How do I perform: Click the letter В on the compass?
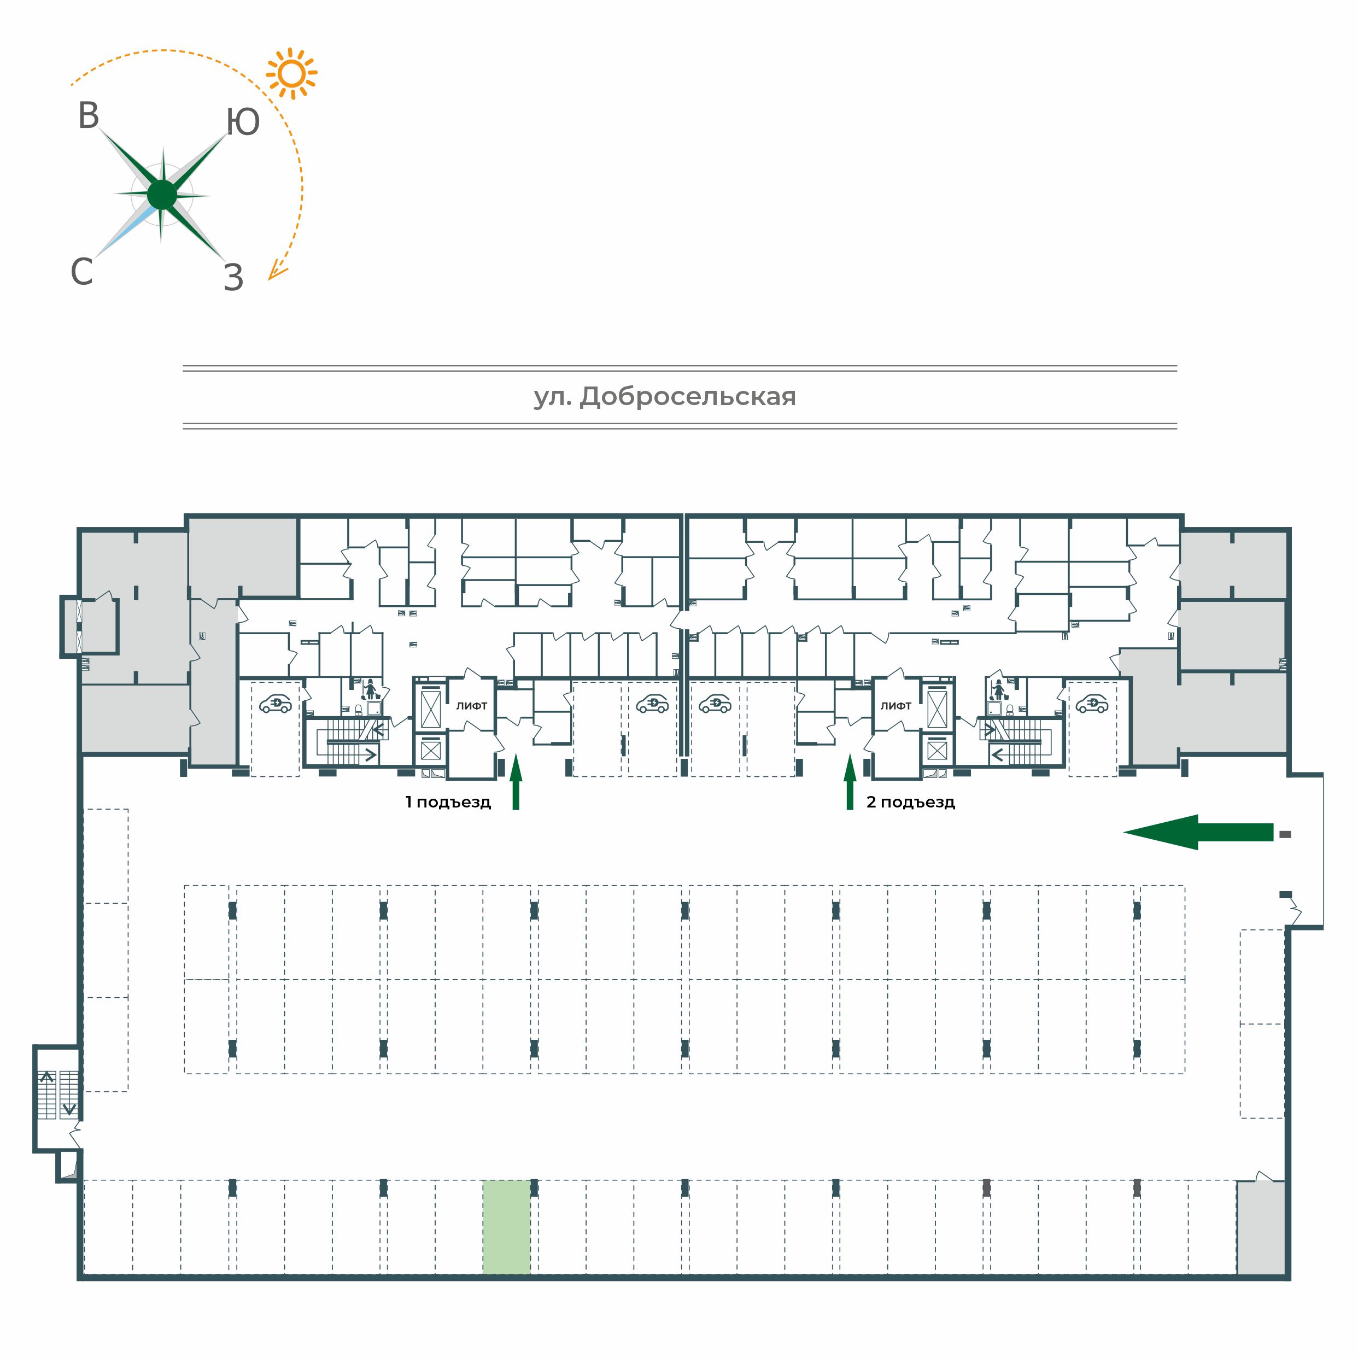(89, 116)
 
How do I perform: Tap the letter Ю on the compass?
(243, 121)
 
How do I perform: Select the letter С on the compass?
(81, 271)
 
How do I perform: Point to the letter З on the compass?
(233, 278)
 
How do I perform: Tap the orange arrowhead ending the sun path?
(277, 271)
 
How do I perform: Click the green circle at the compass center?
(162, 195)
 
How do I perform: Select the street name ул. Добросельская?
(665, 397)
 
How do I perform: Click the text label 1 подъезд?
(448, 802)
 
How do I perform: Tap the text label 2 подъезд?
(910, 802)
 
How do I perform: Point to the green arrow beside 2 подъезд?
(850, 782)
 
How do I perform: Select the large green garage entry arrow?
(1198, 832)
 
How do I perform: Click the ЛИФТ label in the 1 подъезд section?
(472, 706)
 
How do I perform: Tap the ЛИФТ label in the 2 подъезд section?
(896, 706)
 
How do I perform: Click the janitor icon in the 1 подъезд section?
(371, 689)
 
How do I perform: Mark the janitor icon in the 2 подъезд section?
(997, 689)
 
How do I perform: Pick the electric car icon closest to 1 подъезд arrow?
(652, 704)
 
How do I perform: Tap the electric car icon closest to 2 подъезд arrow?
(715, 704)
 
